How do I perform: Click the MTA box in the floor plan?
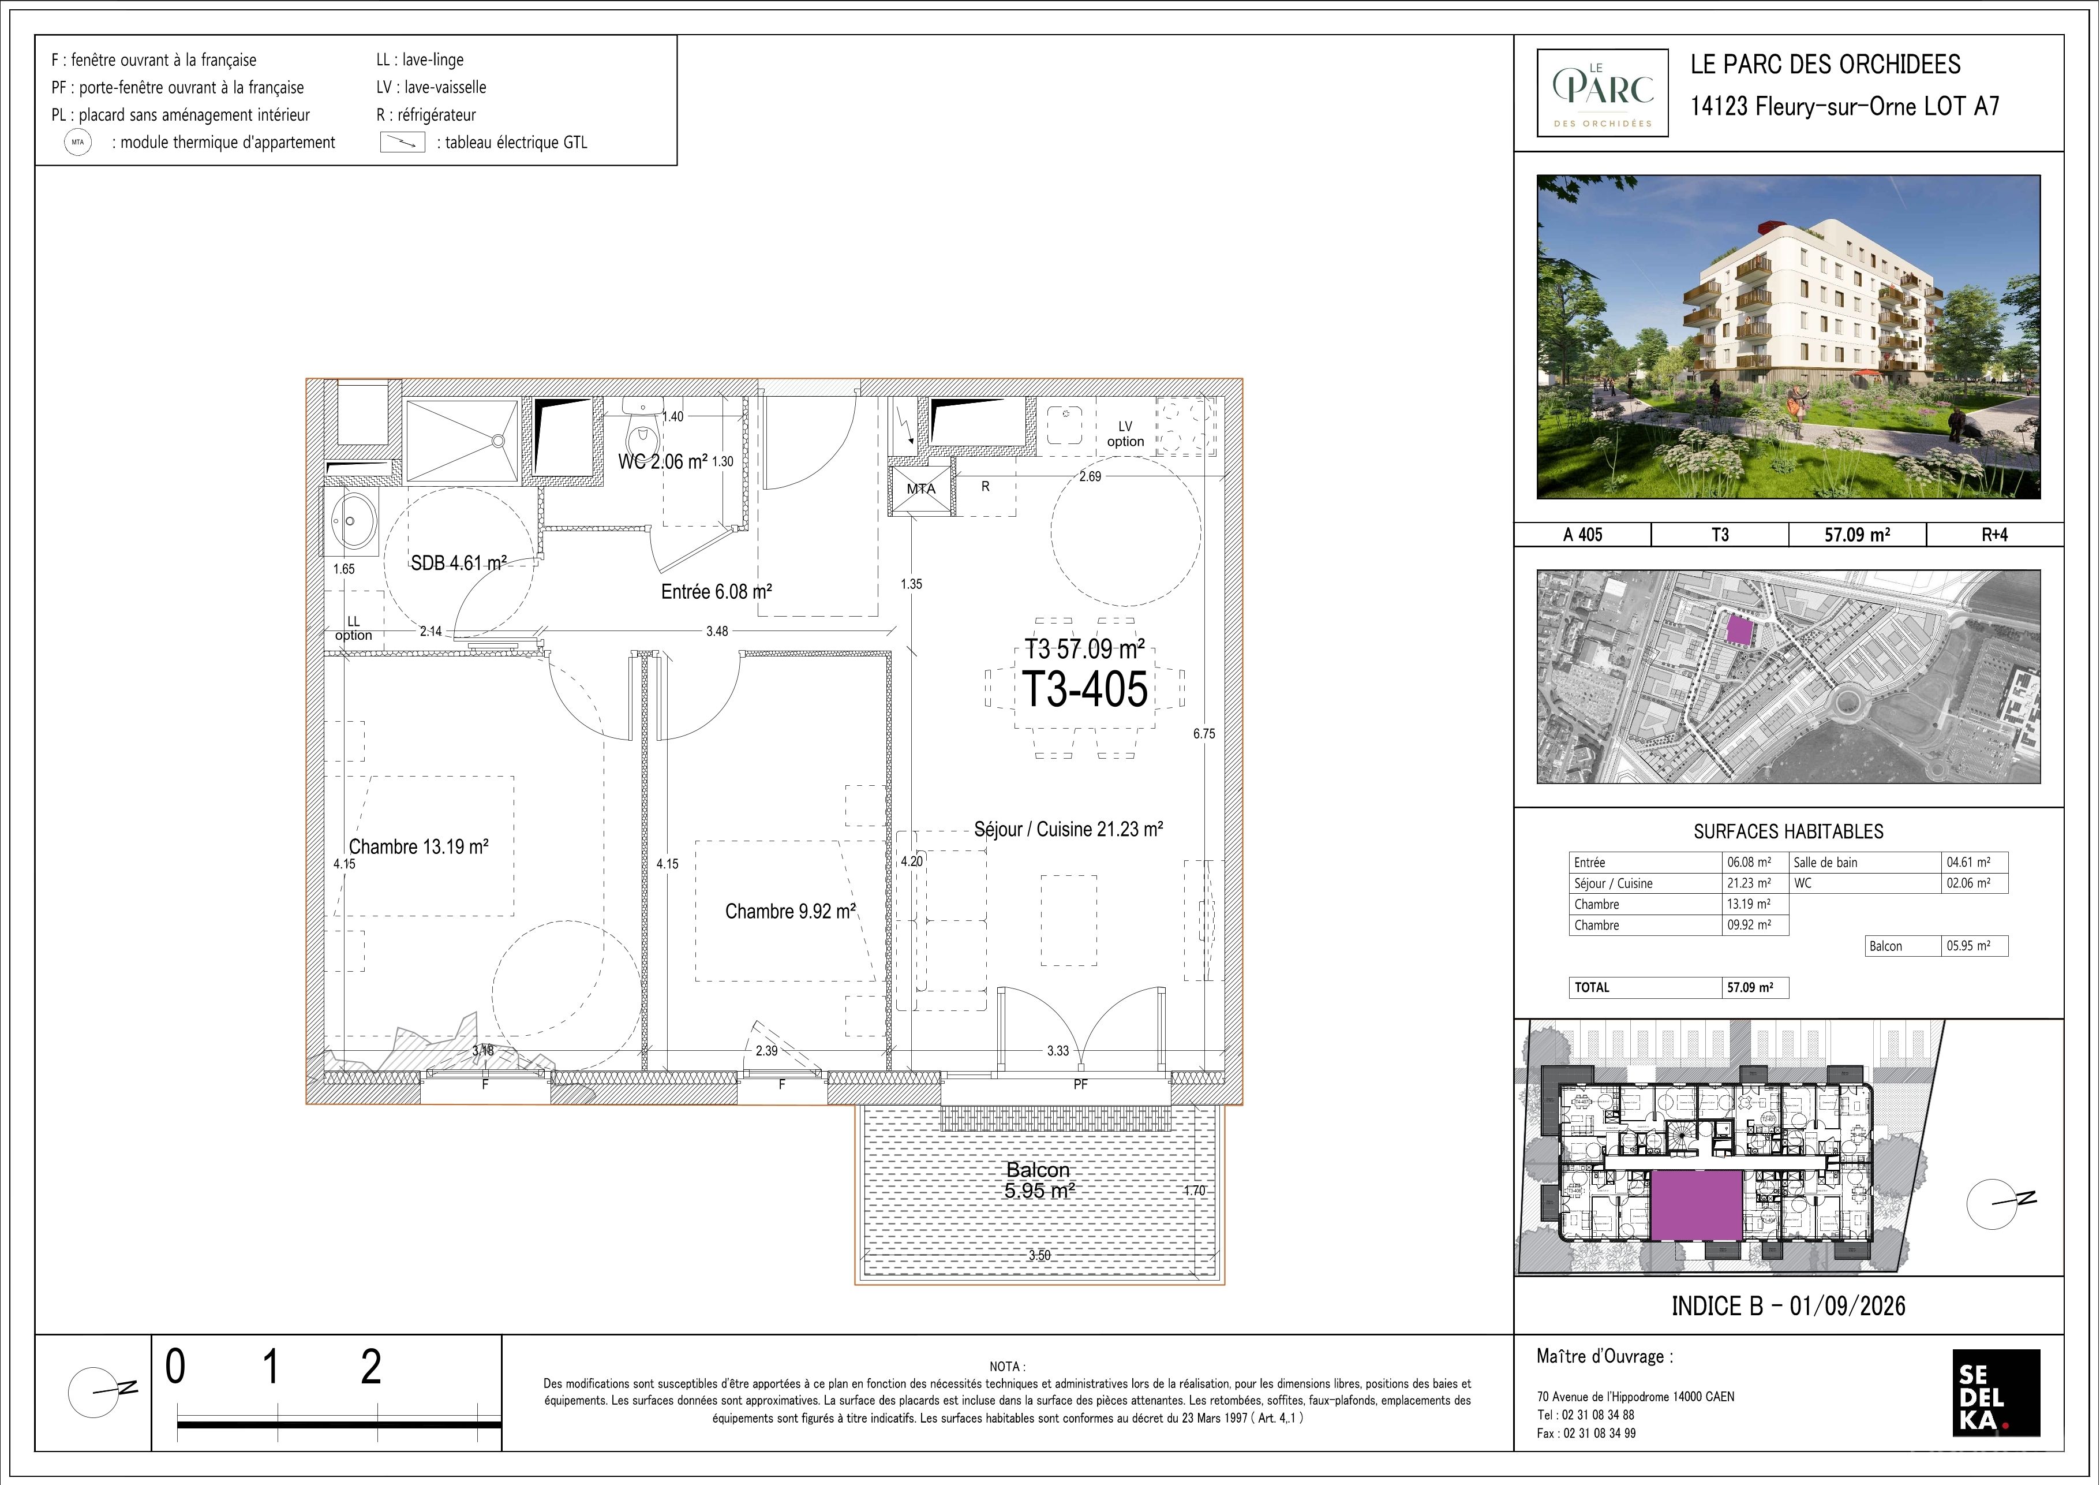click(921, 488)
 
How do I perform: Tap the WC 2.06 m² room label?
click(663, 462)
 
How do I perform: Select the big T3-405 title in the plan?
click(1085, 689)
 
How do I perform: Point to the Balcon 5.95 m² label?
click(1038, 1180)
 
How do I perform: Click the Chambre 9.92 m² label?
click(790, 911)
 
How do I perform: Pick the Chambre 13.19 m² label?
click(419, 847)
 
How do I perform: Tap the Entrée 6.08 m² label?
click(716, 592)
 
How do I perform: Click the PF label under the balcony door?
click(1080, 1084)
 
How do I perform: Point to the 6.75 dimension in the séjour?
click(1204, 734)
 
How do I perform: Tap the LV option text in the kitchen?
click(1125, 434)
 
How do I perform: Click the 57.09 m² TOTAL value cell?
click(1750, 987)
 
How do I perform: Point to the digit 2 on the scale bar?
click(370, 1367)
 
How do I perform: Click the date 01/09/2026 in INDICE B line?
click(1848, 1305)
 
